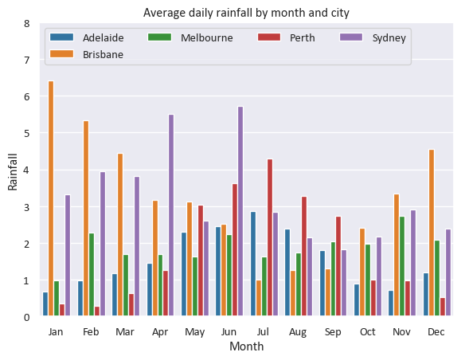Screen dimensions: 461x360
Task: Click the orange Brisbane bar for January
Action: coord(51,198)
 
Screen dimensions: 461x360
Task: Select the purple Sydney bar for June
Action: coord(240,211)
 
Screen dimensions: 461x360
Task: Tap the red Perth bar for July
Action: coord(270,237)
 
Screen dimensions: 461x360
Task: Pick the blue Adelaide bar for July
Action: coord(253,264)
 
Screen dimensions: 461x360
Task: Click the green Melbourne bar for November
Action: coord(402,266)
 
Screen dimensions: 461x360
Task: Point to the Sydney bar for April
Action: coord(171,215)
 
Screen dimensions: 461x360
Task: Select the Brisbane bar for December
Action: coord(432,233)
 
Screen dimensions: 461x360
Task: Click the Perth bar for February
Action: coord(97,311)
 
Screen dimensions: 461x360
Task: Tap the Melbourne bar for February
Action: coord(92,275)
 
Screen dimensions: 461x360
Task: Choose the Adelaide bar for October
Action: coord(357,300)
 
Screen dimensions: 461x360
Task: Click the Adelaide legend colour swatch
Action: coord(62,37)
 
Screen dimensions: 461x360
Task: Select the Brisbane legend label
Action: coord(103,54)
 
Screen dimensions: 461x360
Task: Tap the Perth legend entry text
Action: coord(303,38)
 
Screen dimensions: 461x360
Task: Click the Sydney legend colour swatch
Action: coord(351,37)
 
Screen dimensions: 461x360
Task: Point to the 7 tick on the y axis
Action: coord(27,60)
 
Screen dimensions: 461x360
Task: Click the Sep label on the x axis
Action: coord(333,332)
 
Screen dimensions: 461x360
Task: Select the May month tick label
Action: coord(194,332)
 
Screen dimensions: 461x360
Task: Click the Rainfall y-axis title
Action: coord(13,172)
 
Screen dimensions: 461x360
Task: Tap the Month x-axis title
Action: coord(246,346)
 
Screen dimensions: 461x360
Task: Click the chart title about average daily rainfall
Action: coord(246,13)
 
